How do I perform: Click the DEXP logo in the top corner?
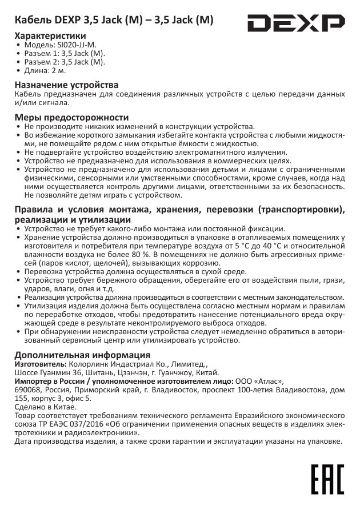(x=296, y=24)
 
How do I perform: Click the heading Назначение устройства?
(x=67, y=85)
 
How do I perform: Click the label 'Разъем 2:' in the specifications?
(x=41, y=62)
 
